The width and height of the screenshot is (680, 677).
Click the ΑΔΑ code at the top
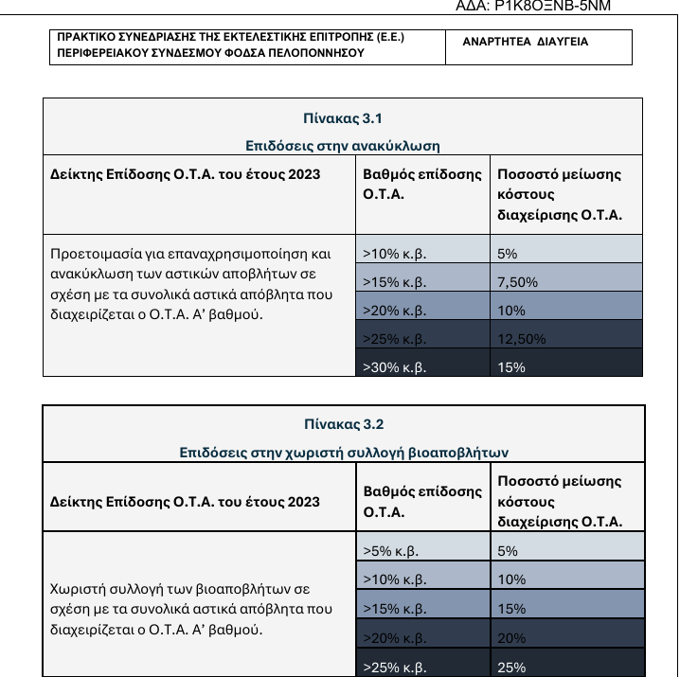click(533, 6)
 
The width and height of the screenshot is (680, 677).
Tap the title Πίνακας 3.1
click(343, 118)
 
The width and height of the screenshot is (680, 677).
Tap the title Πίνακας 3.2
click(344, 424)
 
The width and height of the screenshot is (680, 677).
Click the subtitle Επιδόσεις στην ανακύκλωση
click(343, 146)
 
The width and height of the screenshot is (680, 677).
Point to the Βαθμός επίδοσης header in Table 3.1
click(422, 184)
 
